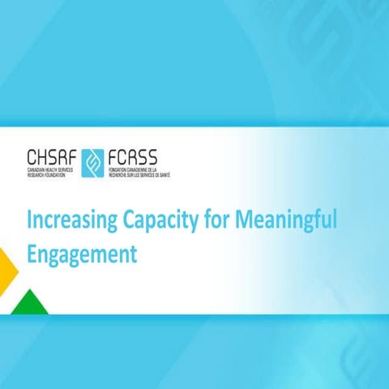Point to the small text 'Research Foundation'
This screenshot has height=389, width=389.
tap(49, 175)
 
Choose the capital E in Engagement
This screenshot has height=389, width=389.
tap(32, 254)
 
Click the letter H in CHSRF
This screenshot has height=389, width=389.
tap(44, 156)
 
